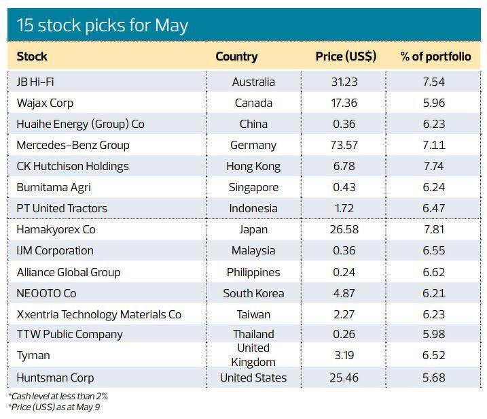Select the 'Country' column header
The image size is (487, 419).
coord(236,56)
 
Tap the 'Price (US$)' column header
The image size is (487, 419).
coord(346,56)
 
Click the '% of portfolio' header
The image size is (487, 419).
coord(435,56)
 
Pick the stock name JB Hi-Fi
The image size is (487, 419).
coord(35,82)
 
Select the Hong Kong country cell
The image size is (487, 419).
coord(253,166)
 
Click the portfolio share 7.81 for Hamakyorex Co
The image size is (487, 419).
coord(434,229)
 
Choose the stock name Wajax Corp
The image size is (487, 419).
coord(45,103)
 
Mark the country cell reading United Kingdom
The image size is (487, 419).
coord(253,355)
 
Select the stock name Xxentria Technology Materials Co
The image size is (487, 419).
coord(99,314)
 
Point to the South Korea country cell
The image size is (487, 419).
coord(253,293)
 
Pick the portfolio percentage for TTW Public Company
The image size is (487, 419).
coord(434,334)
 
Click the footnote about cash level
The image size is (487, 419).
coord(58,396)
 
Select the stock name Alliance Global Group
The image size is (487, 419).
coord(69,272)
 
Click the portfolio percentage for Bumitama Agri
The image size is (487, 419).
coord(434,187)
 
